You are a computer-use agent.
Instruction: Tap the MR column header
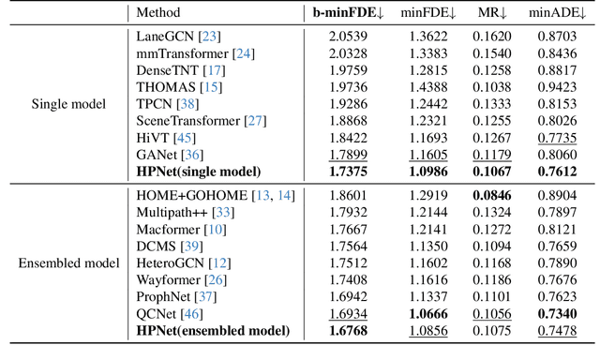pos(495,13)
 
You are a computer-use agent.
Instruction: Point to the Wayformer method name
pos(165,278)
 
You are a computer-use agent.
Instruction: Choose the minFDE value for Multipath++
pos(428,211)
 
